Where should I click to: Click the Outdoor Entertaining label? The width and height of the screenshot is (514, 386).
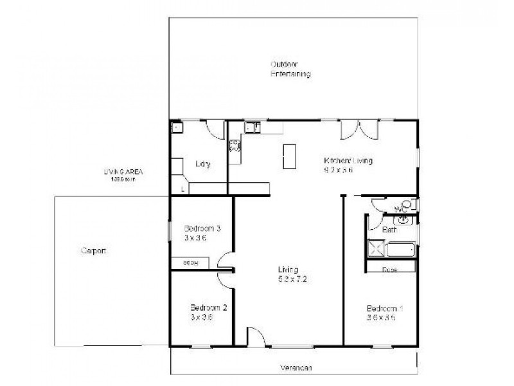[x=290, y=69]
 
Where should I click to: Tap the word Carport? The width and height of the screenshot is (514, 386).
[x=93, y=251]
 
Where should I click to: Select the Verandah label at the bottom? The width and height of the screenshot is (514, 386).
[x=296, y=368]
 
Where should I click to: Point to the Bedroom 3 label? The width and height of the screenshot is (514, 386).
[x=202, y=228]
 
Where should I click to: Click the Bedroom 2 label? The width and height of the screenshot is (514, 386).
[x=209, y=308]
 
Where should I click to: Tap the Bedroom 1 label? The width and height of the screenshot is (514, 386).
[x=384, y=308]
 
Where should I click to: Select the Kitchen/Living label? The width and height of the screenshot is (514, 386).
[x=348, y=161]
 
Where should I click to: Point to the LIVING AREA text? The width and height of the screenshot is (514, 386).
[x=123, y=172]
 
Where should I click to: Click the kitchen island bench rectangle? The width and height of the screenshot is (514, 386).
[x=290, y=156]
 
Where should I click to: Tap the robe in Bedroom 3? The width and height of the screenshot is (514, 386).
[x=191, y=262]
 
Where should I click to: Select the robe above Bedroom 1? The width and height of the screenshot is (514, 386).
[x=391, y=269]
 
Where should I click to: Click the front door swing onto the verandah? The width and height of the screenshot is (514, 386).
[x=255, y=338]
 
